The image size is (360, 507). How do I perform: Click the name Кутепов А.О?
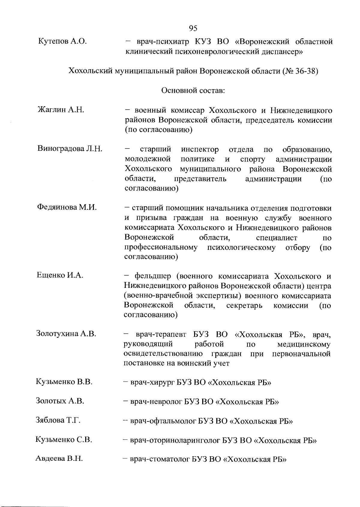pos(62,41)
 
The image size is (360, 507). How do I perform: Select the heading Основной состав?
pos(193,90)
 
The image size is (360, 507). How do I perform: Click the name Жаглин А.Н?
pos(61,110)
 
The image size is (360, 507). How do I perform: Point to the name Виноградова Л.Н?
pos(70,149)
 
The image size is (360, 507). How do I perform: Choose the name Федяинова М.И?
pos(67,207)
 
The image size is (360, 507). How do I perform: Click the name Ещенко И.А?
pos(60,275)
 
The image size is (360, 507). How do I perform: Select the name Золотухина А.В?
pos(66,333)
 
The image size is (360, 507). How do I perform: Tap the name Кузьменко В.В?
pos(64,382)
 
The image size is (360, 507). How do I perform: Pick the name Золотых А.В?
pos(60,401)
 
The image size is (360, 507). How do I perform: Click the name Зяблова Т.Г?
pos(58,420)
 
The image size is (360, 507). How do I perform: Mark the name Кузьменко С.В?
pos(64,440)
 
